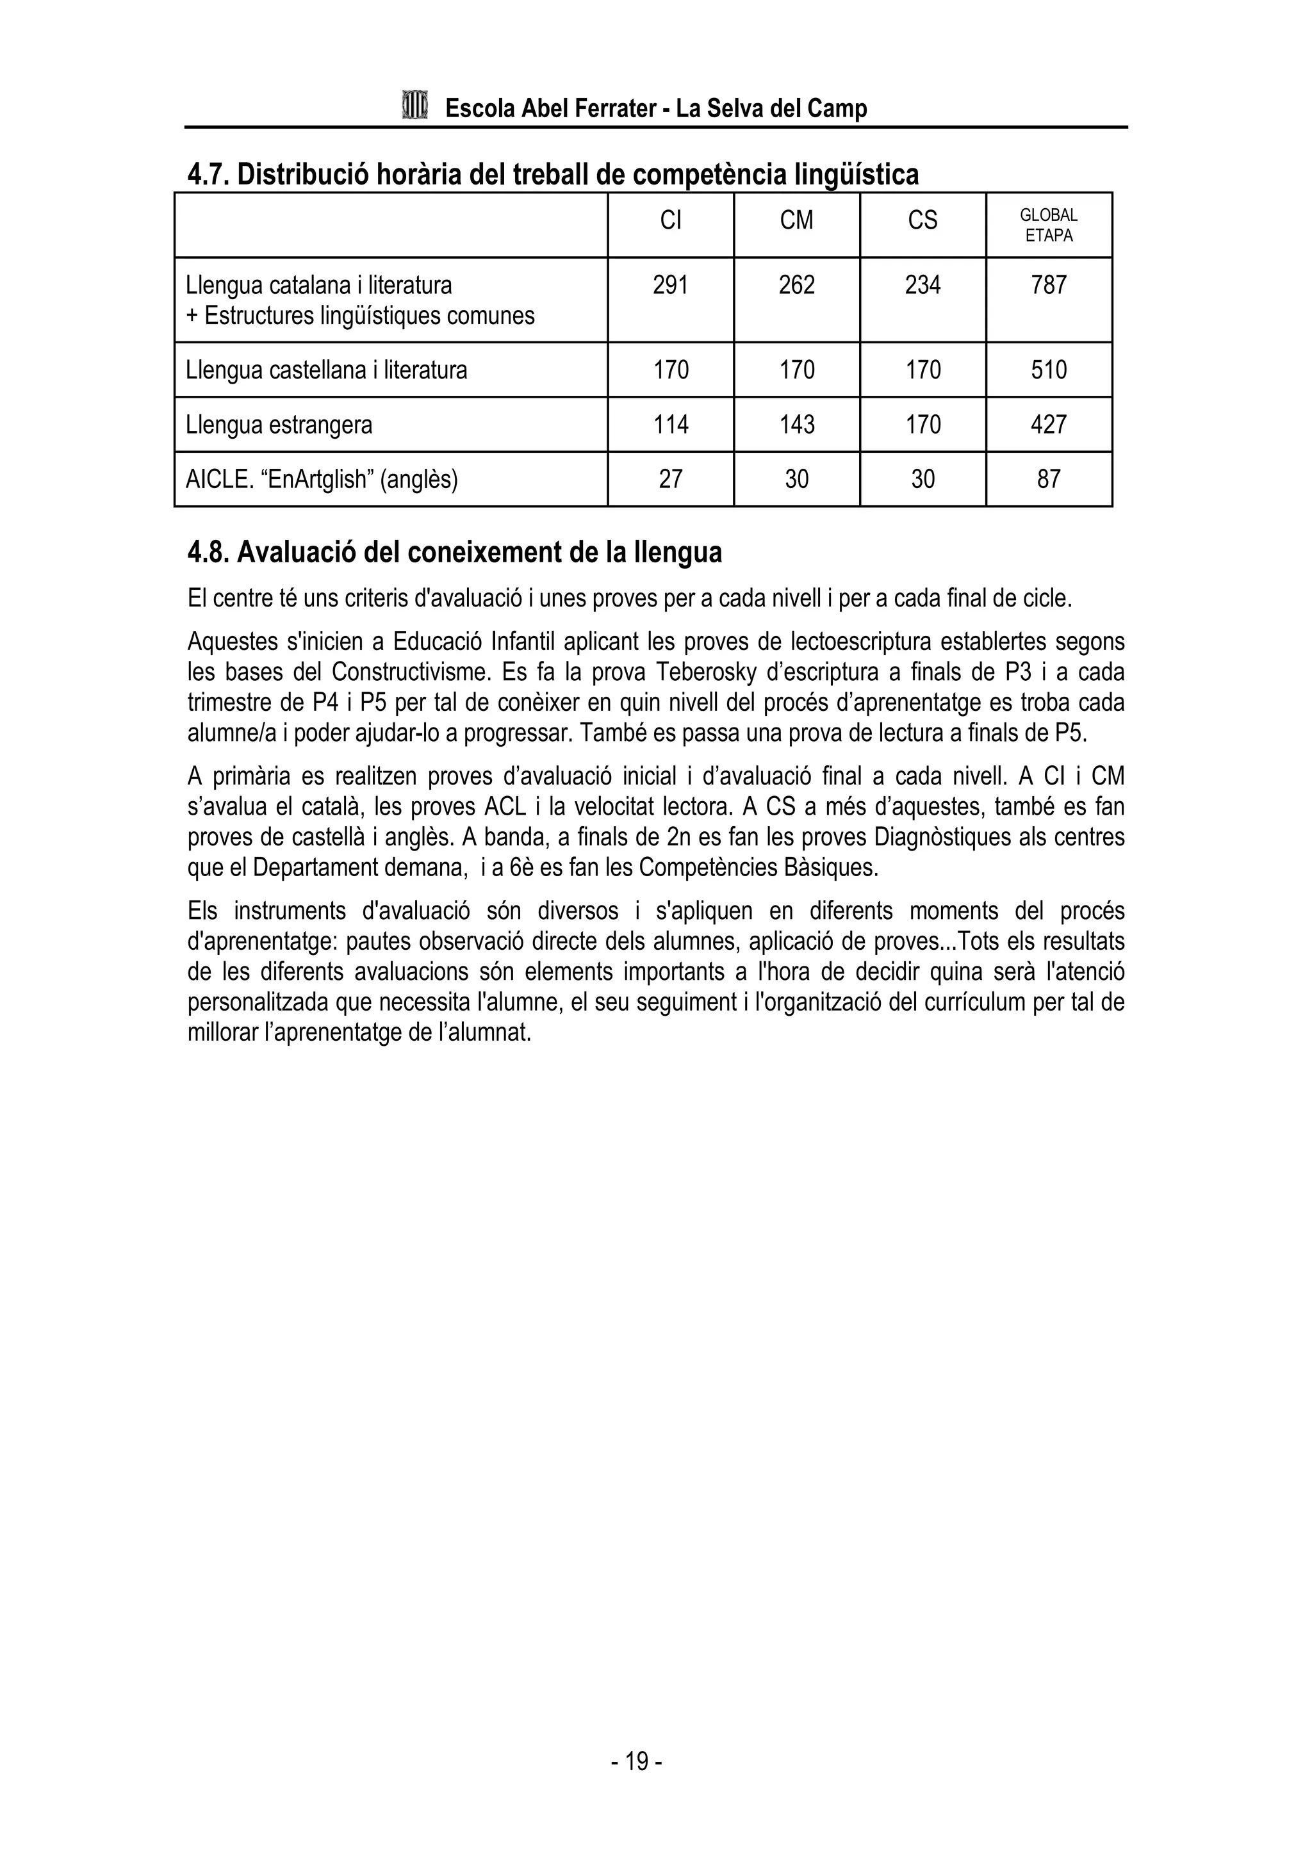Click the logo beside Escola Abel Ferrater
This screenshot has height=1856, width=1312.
[414, 106]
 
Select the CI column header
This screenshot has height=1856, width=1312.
[670, 221]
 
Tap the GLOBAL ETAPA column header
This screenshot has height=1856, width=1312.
[1049, 225]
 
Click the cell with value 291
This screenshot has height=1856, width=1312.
[670, 286]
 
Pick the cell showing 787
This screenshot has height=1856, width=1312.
[1049, 286]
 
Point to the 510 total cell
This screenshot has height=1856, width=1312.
[1049, 370]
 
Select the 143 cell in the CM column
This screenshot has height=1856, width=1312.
[796, 425]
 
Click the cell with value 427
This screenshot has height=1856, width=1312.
[1049, 425]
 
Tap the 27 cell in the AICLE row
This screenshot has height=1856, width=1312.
[670, 479]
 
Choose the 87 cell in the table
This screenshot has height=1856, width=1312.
[1049, 479]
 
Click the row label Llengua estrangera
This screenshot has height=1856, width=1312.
[279, 425]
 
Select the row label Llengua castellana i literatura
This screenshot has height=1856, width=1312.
[327, 370]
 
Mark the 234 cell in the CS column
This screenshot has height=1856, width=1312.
[922, 286]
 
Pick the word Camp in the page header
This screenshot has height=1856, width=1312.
[837, 109]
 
